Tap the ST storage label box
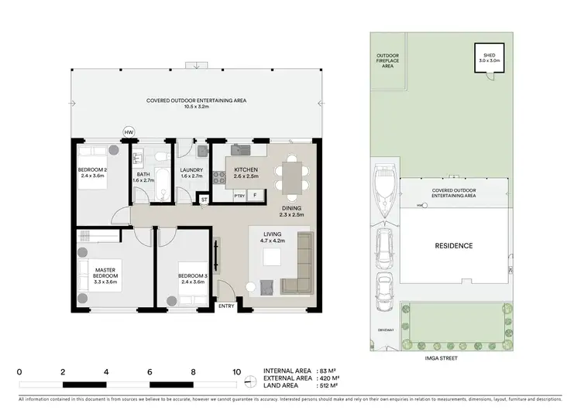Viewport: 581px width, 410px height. pyautogui.click(x=204, y=199)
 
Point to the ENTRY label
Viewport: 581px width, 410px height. pyautogui.click(x=226, y=306)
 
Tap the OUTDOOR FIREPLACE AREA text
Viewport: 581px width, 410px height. pyautogui.click(x=387, y=61)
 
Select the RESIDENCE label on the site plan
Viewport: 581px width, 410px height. pyautogui.click(x=453, y=246)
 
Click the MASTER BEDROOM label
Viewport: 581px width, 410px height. pyautogui.click(x=105, y=272)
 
